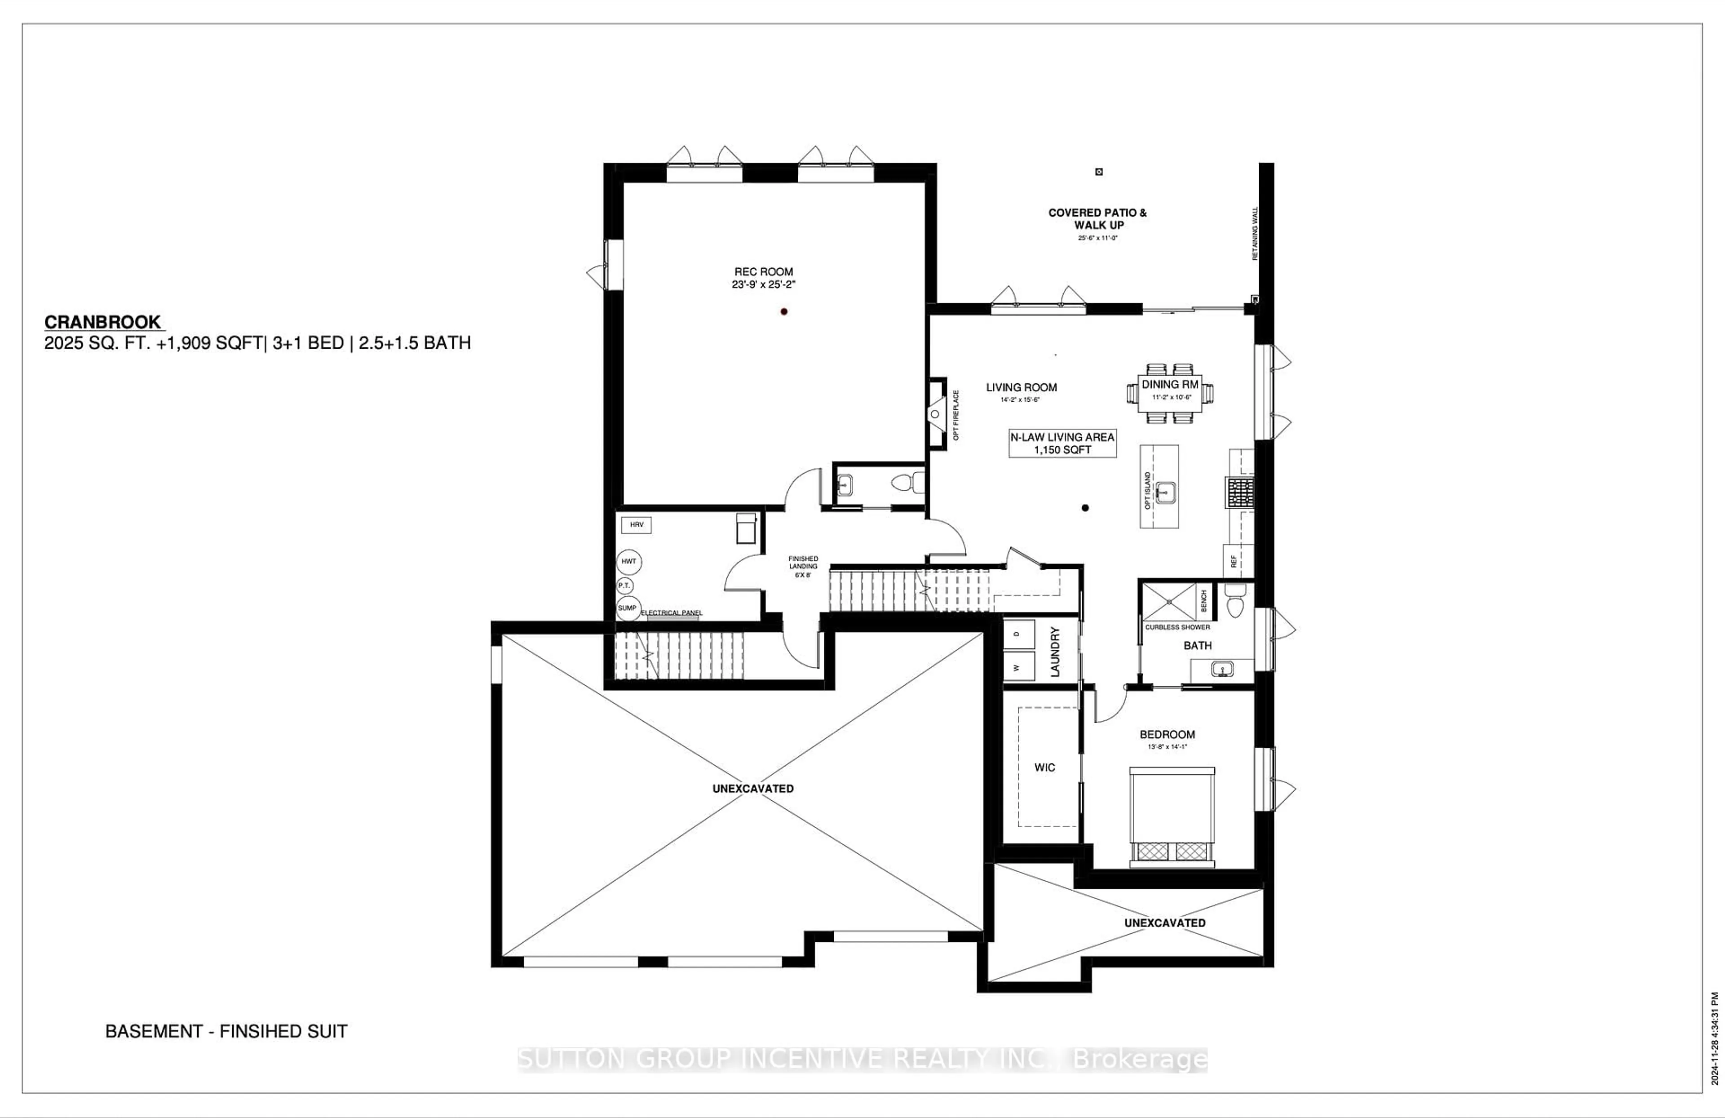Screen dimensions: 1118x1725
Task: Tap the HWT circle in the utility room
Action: [x=628, y=561]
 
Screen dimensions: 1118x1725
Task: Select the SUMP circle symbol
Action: [x=627, y=608]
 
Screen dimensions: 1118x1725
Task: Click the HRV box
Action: [x=637, y=525]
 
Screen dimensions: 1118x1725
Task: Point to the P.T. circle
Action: [x=624, y=585]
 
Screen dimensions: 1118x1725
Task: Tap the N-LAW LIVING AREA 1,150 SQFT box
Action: [x=1062, y=443]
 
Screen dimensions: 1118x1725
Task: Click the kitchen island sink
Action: [x=1164, y=492]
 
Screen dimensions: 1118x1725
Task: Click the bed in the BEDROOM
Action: [x=1171, y=816]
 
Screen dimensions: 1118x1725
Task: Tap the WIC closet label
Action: [x=1044, y=767]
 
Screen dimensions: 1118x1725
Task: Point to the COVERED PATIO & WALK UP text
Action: [x=1097, y=219]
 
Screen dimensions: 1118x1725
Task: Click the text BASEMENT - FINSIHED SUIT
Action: [x=226, y=1031]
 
